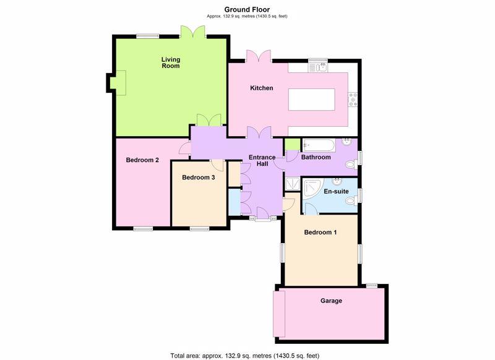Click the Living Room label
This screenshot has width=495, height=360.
point(170,62)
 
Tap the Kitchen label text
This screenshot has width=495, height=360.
point(261,88)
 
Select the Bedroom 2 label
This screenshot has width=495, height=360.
point(142,160)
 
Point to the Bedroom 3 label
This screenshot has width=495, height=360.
point(198,178)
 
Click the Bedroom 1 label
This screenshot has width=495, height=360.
point(320,233)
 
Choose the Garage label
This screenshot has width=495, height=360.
point(331,301)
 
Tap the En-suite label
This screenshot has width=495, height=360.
point(336,192)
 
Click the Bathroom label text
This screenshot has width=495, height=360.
point(316,157)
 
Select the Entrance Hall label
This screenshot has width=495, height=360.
point(262,161)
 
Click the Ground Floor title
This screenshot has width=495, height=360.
point(246,9)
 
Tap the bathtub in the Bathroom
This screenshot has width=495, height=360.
point(319,145)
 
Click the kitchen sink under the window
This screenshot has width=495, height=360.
point(319,67)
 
